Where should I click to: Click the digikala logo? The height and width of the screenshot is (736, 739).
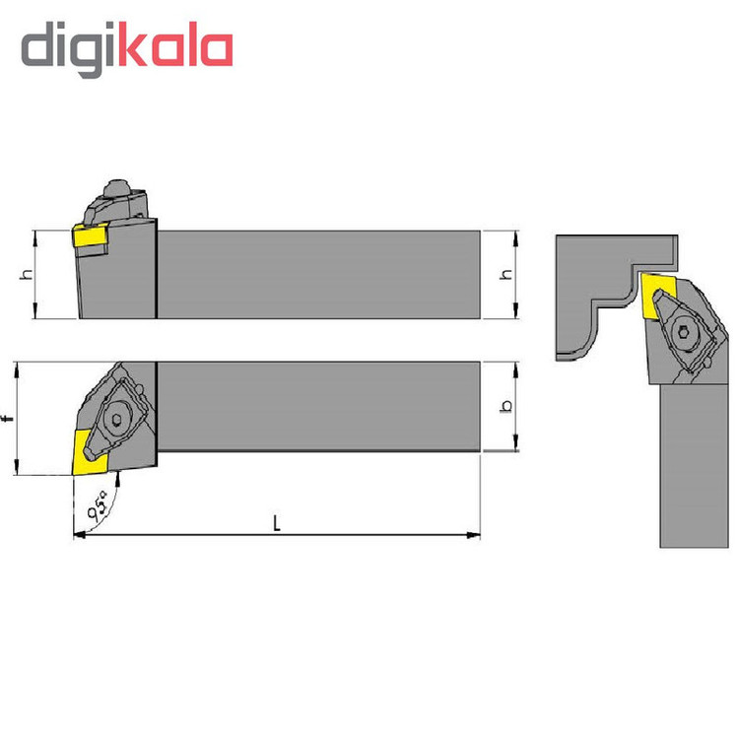tap(127, 48)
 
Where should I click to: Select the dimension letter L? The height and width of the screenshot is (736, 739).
tap(277, 523)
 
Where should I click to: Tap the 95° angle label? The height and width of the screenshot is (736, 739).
tap(98, 505)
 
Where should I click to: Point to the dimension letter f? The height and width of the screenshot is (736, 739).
tap(7, 419)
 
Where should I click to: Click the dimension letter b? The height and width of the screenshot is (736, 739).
tap(506, 406)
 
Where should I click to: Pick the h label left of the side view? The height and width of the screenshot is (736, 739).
tap(28, 274)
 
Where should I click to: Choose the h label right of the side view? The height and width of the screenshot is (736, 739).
tap(505, 274)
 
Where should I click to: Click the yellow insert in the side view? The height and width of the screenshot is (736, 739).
tap(90, 234)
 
